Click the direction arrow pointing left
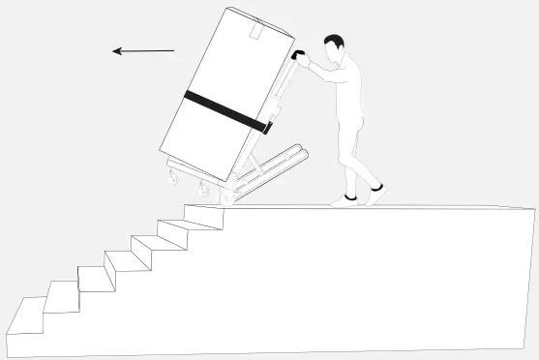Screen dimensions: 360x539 (x=143, y=50)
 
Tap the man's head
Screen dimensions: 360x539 (x=334, y=47)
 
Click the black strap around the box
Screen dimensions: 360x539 (x=223, y=107)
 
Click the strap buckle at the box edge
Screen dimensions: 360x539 (x=267, y=125)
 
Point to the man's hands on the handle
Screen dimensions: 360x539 (x=305, y=61)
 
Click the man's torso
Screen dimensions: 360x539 (x=346, y=92)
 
